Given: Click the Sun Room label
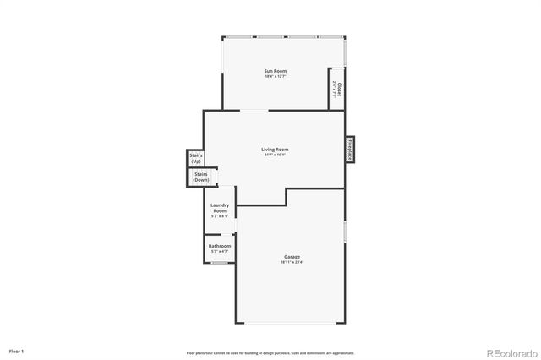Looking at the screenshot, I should pyautogui.click(x=275, y=71).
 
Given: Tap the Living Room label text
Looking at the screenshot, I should pyautogui.click(x=275, y=150).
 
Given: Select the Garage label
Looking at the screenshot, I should pyautogui.click(x=291, y=257).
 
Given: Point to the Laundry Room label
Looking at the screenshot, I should pyautogui.click(x=220, y=208).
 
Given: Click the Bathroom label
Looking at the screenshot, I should pyautogui.click(x=220, y=246).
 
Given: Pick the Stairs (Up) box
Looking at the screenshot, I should pyautogui.click(x=196, y=158).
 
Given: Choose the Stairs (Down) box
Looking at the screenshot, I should pyautogui.click(x=200, y=177).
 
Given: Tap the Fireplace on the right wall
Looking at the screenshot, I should pyautogui.click(x=348, y=149).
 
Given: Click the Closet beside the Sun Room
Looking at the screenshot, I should pyautogui.click(x=337, y=88).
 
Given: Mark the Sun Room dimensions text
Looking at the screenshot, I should pyautogui.click(x=275, y=77).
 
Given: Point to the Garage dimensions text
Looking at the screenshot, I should pyautogui.click(x=291, y=263).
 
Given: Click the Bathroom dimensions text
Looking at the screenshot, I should pyautogui.click(x=220, y=252).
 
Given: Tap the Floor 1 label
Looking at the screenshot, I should pyautogui.click(x=17, y=350).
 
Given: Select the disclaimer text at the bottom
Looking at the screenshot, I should pyautogui.click(x=270, y=352).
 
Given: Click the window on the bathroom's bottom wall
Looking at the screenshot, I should pyautogui.click(x=219, y=263).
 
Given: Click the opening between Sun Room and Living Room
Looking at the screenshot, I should pyautogui.click(x=254, y=111).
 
